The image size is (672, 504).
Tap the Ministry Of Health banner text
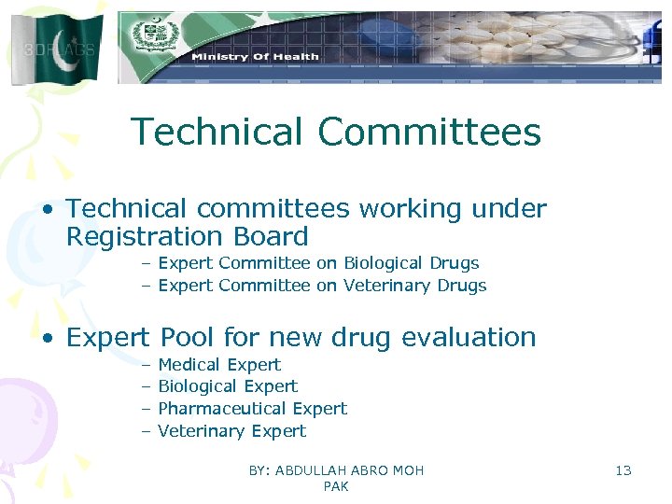(x=255, y=57)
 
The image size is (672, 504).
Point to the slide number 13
(x=623, y=470)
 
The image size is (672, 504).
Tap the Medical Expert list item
(x=219, y=364)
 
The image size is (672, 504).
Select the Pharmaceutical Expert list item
(x=252, y=409)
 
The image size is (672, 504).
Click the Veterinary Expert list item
(x=231, y=431)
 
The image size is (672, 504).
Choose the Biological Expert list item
(x=228, y=386)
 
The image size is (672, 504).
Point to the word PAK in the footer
(x=336, y=486)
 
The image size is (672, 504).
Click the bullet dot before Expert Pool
(x=48, y=338)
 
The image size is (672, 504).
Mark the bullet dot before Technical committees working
(x=48, y=210)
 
